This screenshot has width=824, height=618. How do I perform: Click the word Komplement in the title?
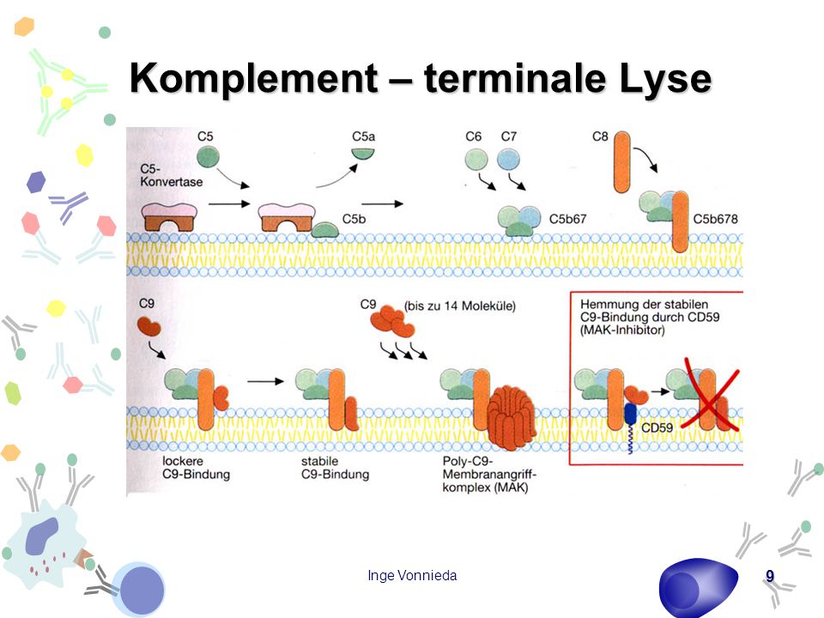click(x=253, y=78)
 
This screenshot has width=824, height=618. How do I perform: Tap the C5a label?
click(x=363, y=136)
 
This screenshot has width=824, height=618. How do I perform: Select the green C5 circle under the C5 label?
click(x=208, y=156)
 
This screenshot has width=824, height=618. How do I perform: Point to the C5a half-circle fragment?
click(x=362, y=154)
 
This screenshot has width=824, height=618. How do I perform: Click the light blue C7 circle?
click(x=508, y=160)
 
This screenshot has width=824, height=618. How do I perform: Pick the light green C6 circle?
click(x=476, y=160)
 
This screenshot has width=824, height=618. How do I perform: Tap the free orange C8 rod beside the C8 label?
click(x=621, y=162)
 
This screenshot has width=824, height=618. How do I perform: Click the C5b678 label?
click(x=715, y=219)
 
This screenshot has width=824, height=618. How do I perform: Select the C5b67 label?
click(x=567, y=219)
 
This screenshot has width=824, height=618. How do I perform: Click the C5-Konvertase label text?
click(x=171, y=175)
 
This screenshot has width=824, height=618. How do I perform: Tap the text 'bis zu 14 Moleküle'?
click(x=460, y=306)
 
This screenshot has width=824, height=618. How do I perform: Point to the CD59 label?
click(x=657, y=427)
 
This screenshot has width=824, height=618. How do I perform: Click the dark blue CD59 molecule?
click(x=630, y=414)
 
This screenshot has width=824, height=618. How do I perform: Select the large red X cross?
click(x=711, y=394)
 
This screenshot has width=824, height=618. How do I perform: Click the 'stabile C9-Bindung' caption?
click(x=335, y=468)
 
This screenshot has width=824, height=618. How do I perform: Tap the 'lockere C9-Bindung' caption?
click(x=196, y=468)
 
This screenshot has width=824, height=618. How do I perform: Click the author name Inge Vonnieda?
click(x=412, y=575)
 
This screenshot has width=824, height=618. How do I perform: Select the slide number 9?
click(x=770, y=577)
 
